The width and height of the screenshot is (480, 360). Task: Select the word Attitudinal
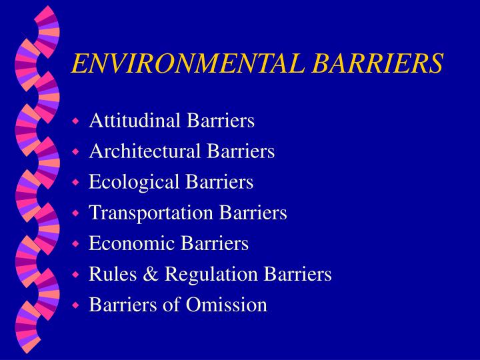coord(126,121)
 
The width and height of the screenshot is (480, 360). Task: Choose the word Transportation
coord(142,213)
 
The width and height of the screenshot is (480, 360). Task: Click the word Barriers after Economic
coord(217,243)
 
